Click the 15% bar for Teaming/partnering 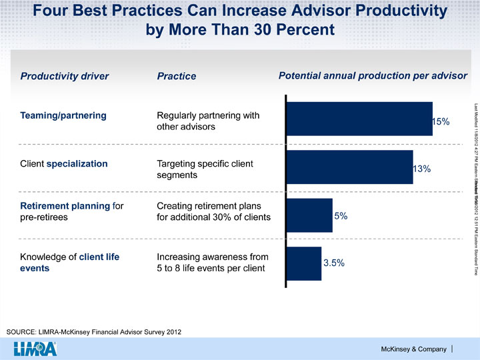[x=359, y=119]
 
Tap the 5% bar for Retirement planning [x=309, y=197]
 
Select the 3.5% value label [x=333, y=245]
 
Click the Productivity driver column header [x=64, y=76]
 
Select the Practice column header [x=176, y=77]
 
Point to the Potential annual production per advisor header [x=373, y=75]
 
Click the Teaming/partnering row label [x=63, y=115]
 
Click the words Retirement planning [x=65, y=186]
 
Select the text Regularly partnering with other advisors [x=198, y=121]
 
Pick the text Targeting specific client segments [x=195, y=169]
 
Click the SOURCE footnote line [x=93, y=331]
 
